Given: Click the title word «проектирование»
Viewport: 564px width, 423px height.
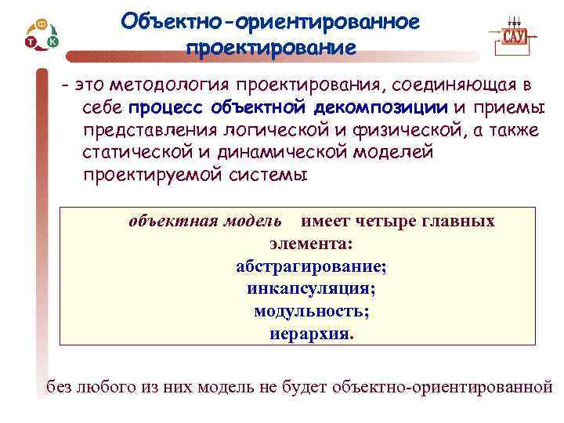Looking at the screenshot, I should (x=270, y=48).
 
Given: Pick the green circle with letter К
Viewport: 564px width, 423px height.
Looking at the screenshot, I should (x=52, y=40).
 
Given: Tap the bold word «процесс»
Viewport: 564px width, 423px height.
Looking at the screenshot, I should (x=163, y=107).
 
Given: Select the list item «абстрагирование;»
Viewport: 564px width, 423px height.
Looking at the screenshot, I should (x=311, y=266).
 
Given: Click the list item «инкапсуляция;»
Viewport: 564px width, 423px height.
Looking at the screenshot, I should (x=311, y=288).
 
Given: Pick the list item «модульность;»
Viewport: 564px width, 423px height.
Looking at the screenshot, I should (x=311, y=310).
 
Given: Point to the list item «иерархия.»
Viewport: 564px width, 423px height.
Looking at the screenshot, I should (x=311, y=333).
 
